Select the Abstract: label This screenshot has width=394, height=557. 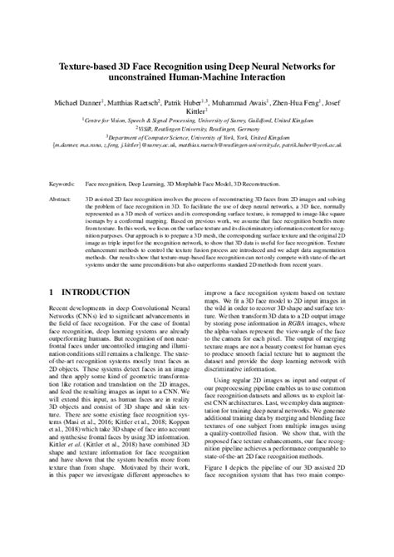(61, 200)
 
